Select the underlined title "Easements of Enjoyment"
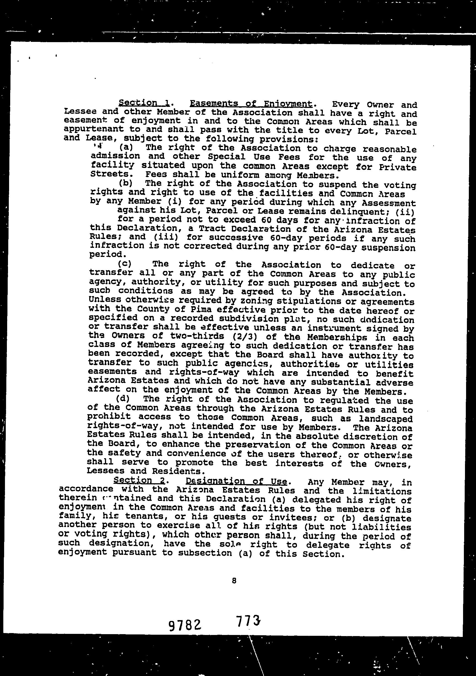[251, 104]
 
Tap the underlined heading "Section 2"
[139, 480]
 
